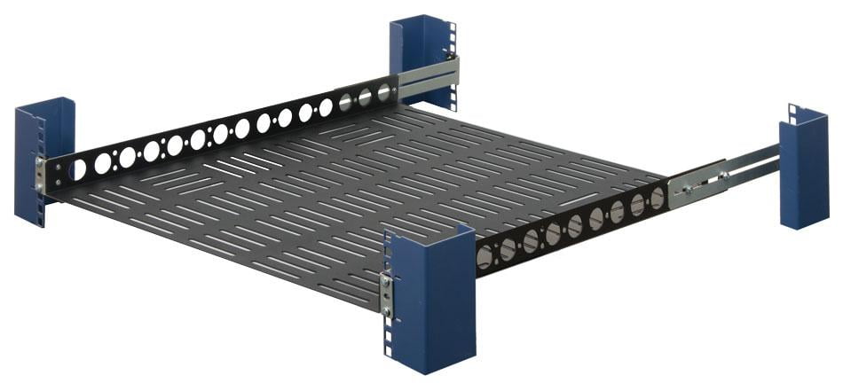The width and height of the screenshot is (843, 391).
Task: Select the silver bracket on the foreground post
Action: (386, 293)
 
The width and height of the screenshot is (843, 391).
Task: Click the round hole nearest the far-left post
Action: (78, 168)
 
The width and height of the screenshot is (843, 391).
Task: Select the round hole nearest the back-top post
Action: (384, 92)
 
